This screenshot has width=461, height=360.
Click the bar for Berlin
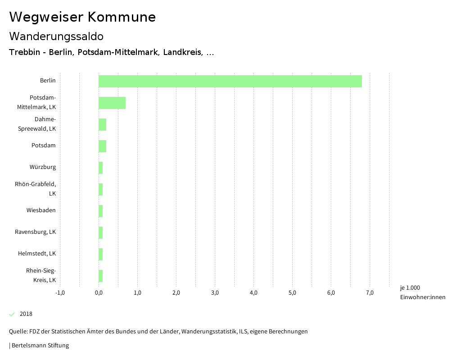click(230, 81)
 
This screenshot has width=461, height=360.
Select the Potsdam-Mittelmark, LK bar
click(112, 103)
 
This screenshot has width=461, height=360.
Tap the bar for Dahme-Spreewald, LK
click(102, 124)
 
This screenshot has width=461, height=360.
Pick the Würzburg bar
click(101, 168)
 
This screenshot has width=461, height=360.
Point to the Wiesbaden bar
click(101, 211)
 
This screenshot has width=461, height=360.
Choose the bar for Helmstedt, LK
click(101, 254)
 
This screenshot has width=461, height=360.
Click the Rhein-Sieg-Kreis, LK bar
click(101, 276)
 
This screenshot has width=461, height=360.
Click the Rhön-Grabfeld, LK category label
click(42, 189)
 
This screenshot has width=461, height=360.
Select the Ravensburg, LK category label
click(36, 232)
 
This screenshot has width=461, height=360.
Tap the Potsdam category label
click(44, 146)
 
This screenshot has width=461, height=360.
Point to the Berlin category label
click(48, 81)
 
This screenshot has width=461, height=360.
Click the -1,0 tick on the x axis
click(60, 293)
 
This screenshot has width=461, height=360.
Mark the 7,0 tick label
click(370, 293)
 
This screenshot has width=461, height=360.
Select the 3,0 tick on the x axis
click(215, 293)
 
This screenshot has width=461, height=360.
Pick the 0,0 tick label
click(99, 293)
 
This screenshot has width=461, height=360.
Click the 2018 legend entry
click(26, 314)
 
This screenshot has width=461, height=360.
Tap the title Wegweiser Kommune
click(82, 17)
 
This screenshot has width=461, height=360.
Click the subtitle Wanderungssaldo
click(56, 36)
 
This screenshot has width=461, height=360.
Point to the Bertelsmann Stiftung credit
click(39, 346)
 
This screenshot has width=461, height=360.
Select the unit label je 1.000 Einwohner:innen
click(422, 292)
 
